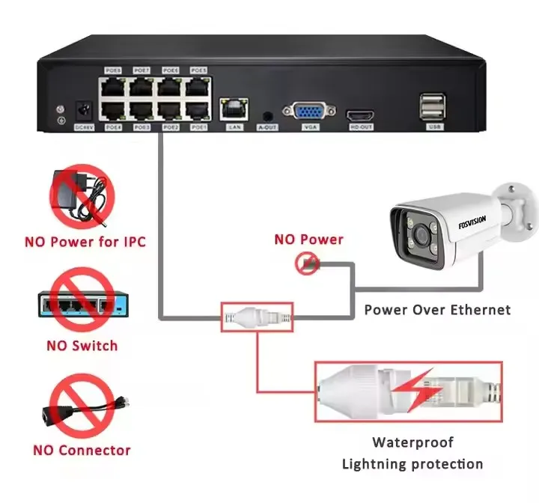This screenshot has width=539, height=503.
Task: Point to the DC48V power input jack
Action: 85,113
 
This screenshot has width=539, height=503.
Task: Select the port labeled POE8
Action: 113,88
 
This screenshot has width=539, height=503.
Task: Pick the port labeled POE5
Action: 198,88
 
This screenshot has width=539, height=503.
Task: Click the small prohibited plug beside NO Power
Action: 308,262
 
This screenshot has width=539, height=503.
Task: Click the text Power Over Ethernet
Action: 437,310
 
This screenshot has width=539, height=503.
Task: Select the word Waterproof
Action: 413,442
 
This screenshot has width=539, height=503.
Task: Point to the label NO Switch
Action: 82,346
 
